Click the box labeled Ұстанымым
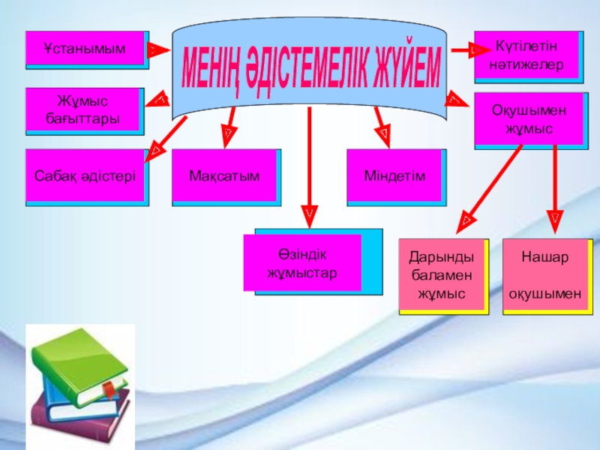[x=85, y=49]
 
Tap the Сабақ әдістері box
[x=85, y=177]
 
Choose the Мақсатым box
[x=225, y=177]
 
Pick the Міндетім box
[x=394, y=176]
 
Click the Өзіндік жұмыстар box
[x=302, y=262]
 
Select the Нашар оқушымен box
[x=545, y=275]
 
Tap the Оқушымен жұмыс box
[x=528, y=119]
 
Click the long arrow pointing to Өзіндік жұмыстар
[x=309, y=165]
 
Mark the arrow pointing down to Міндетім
[x=380, y=124]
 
